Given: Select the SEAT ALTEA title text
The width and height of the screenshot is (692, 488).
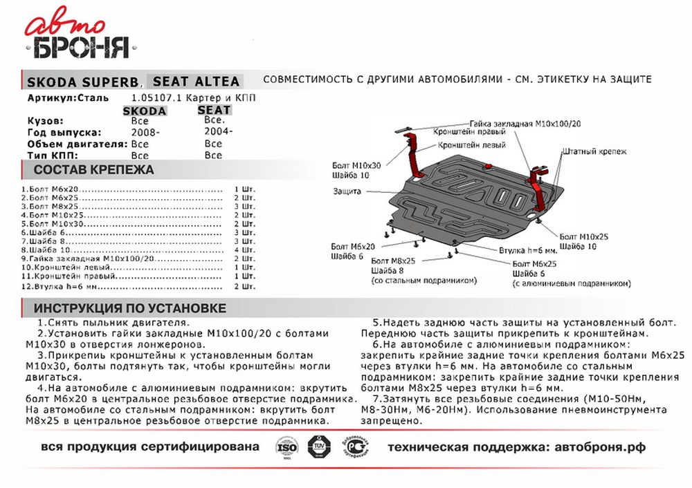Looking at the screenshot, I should [196, 81].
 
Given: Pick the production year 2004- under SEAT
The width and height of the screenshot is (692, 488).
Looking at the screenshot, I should [218, 131].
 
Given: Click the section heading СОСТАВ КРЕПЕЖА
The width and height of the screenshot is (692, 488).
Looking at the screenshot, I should [94, 170].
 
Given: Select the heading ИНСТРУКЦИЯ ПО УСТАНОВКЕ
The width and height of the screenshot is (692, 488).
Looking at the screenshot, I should [130, 308].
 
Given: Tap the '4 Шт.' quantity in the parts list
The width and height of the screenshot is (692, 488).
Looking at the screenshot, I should [244, 250].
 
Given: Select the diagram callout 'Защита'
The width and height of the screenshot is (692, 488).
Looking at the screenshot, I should [347, 191].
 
